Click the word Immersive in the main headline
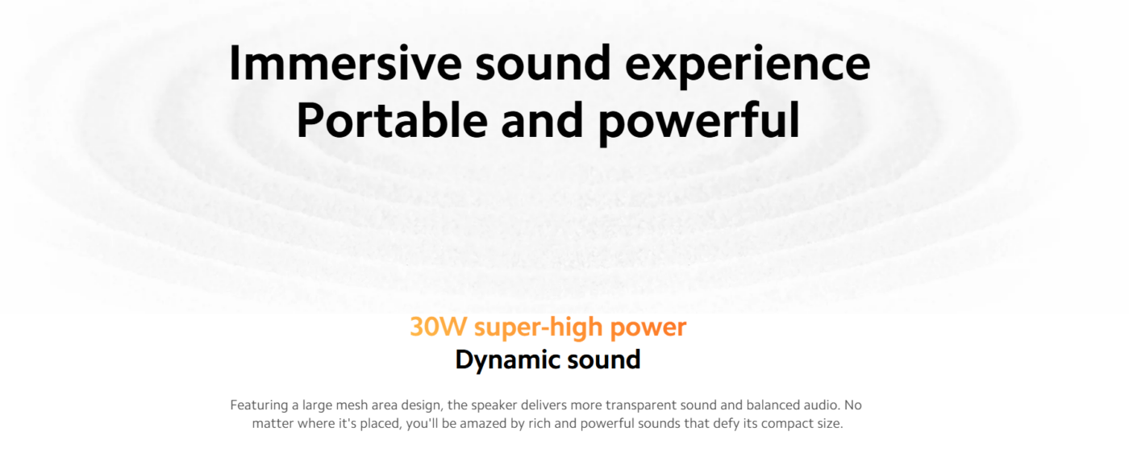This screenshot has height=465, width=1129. click(x=345, y=63)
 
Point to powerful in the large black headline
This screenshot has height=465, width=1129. click(x=699, y=124)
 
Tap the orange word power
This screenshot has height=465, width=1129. click(x=648, y=330)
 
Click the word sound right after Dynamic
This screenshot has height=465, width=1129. click(x=604, y=359)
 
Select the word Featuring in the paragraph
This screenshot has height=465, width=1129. click(x=259, y=406)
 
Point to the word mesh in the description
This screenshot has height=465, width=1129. click(x=352, y=405)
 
